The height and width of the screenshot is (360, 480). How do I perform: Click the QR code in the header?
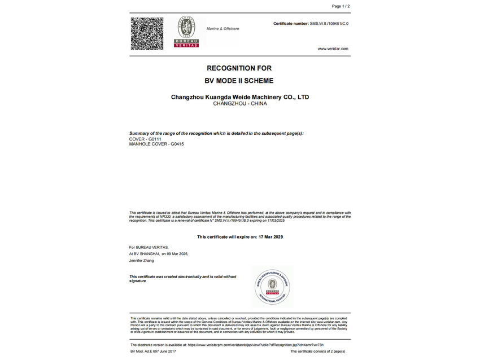[x=147, y=33]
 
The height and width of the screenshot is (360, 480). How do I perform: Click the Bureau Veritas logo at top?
[x=186, y=32]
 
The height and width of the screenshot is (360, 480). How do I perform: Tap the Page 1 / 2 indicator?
[x=341, y=6]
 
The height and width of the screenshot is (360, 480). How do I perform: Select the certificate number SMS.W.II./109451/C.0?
[x=329, y=24]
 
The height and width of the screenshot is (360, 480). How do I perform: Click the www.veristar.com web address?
[x=333, y=49]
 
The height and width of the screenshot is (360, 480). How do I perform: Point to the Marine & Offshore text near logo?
[x=222, y=29]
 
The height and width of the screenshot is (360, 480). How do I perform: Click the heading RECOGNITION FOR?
[x=239, y=68]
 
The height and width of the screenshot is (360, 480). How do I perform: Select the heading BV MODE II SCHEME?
[x=239, y=81]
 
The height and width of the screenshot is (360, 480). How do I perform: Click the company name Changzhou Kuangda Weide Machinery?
[x=239, y=97]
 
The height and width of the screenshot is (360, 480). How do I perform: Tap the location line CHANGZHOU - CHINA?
[x=239, y=104]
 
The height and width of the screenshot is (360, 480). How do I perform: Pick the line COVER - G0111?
[x=145, y=139]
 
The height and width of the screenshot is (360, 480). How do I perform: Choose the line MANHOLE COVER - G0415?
[x=156, y=144]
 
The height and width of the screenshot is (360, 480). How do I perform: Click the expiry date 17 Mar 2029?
[x=269, y=237]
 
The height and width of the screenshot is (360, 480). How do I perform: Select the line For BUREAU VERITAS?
[x=149, y=247]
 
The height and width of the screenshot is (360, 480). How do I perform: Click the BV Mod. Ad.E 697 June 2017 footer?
[x=153, y=352]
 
